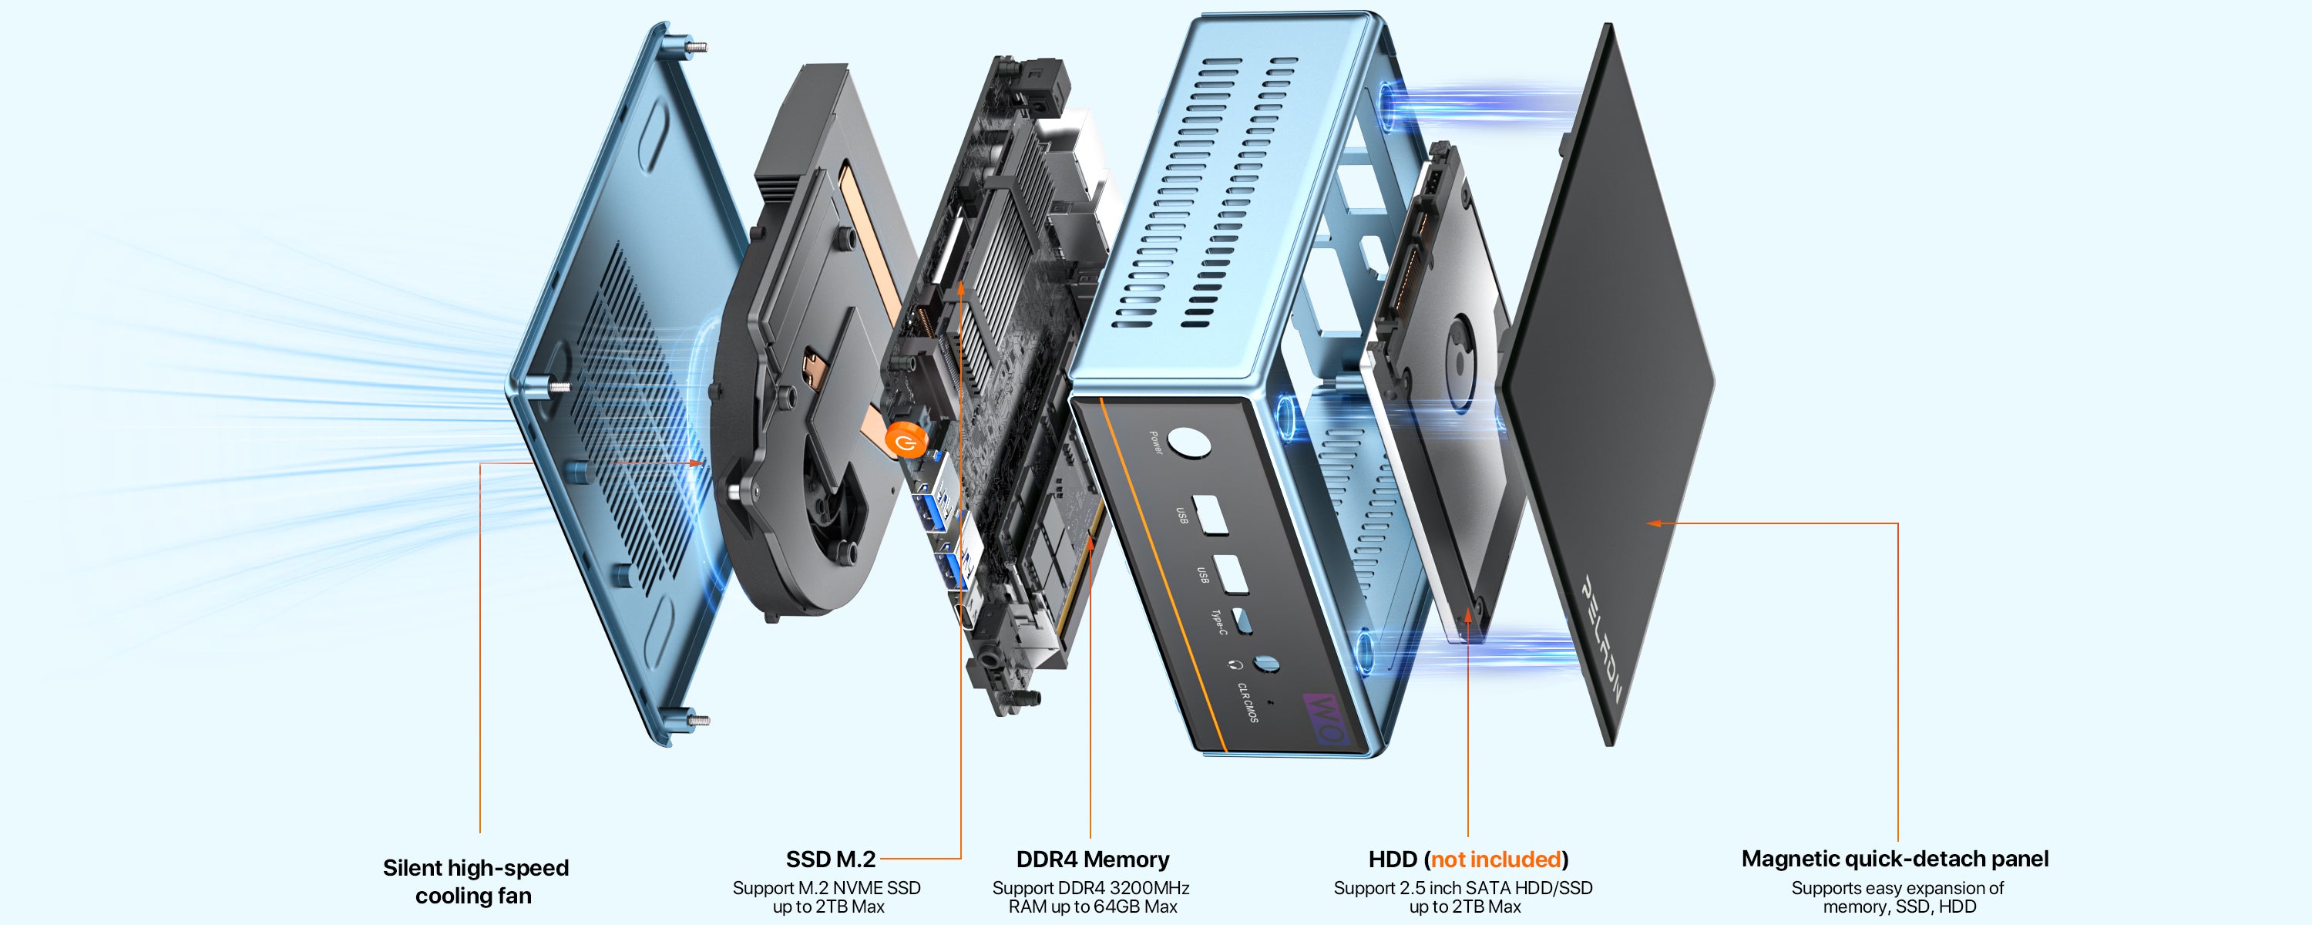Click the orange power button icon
(904, 442)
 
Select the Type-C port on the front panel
(1242, 620)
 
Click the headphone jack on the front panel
(1265, 664)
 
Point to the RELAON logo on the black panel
(1601, 637)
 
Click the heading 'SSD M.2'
(830, 859)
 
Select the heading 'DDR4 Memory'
(1092, 859)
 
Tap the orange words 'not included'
(1495, 859)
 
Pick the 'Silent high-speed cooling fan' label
(475, 881)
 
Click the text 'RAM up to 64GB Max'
(1092, 907)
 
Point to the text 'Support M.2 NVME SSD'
(827, 887)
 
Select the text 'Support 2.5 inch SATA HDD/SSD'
(1463, 887)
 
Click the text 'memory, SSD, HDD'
(1899, 907)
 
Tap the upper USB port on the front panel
(1211, 513)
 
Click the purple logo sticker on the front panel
(1325, 718)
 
